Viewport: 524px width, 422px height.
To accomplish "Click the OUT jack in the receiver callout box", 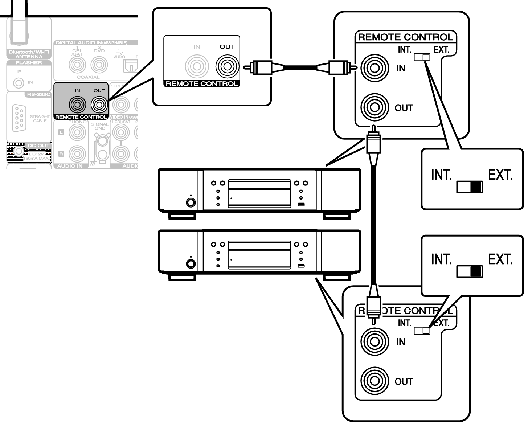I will (x=227, y=66).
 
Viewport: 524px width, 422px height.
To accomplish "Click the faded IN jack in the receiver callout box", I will (x=197, y=66).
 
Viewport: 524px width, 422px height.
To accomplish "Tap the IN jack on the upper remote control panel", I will (x=374, y=68).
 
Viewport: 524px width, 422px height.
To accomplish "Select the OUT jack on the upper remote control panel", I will (x=374, y=107).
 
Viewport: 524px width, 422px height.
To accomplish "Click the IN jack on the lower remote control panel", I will (x=374, y=341).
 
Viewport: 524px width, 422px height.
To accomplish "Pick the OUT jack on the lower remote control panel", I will (x=374, y=381).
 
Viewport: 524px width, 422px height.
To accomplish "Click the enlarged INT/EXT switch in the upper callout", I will (x=470, y=187).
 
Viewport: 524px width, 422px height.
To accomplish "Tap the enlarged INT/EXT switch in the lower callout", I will (x=470, y=271).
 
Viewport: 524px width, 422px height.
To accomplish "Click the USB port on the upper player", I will (x=301, y=205).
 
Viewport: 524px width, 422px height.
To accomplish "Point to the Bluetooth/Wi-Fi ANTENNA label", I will (x=29, y=54).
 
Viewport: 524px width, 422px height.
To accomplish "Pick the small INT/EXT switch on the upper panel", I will (x=422, y=57).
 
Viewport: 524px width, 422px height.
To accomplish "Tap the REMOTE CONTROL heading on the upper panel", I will (x=405, y=37).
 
